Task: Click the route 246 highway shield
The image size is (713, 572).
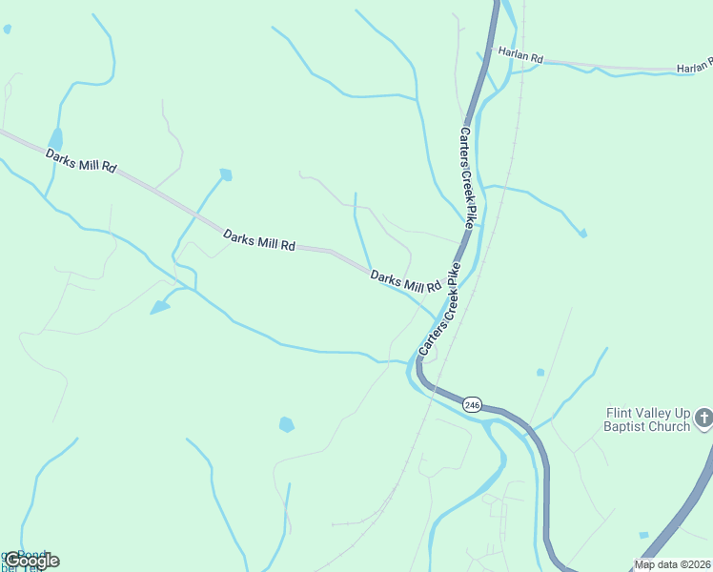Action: point(473,405)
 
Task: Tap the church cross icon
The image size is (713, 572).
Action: point(703,418)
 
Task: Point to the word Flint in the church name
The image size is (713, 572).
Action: point(621,413)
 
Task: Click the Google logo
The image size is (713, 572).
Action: point(31,561)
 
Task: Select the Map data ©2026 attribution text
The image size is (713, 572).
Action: point(672,564)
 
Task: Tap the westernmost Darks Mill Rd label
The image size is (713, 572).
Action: point(80,160)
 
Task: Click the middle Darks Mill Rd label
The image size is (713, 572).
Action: point(258,240)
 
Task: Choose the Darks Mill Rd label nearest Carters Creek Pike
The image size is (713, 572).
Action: point(405,281)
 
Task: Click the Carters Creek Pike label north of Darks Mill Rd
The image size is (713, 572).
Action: point(466,178)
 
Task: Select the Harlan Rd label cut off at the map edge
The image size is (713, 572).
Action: point(694,67)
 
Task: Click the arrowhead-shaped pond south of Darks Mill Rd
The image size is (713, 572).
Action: point(159,307)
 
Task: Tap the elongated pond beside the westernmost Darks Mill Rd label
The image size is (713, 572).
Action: point(55,140)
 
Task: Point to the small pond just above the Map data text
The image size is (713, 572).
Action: point(644,535)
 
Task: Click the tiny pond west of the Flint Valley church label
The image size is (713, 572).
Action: point(540,372)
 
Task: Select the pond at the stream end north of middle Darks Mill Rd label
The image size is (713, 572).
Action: point(226,174)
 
